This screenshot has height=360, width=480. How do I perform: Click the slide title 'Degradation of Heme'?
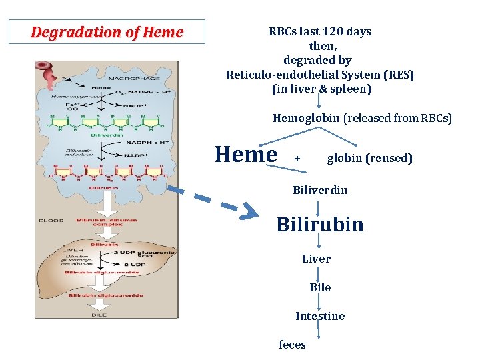pyautogui.click(x=107, y=32)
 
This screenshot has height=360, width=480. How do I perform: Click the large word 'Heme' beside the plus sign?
pyautogui.click(x=246, y=154)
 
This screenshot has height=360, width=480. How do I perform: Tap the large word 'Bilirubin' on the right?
pyautogui.click(x=320, y=223)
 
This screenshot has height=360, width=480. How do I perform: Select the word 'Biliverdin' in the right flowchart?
pyautogui.click(x=320, y=190)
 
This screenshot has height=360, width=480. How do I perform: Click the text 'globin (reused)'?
pyautogui.click(x=369, y=158)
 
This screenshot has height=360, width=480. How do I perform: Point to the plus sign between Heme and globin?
pyautogui.click(x=297, y=159)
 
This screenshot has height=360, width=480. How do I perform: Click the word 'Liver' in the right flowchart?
pyautogui.click(x=316, y=259)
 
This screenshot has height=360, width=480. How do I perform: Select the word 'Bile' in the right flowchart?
pyautogui.click(x=320, y=287)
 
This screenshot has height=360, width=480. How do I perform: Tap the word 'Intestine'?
pyautogui.click(x=320, y=316)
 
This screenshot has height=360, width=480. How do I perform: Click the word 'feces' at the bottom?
pyautogui.click(x=292, y=345)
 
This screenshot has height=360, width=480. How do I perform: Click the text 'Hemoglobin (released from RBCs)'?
pyautogui.click(x=362, y=119)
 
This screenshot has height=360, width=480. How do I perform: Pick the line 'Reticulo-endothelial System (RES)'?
pyautogui.click(x=320, y=75)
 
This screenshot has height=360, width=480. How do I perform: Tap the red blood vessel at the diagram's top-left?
pyautogui.click(x=49, y=75)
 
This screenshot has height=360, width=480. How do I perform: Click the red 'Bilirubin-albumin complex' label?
pyautogui.click(x=107, y=222)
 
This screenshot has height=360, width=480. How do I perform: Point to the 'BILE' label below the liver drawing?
pyautogui.click(x=99, y=315)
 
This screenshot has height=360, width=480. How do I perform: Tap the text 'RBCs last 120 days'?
pyautogui.click(x=320, y=31)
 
